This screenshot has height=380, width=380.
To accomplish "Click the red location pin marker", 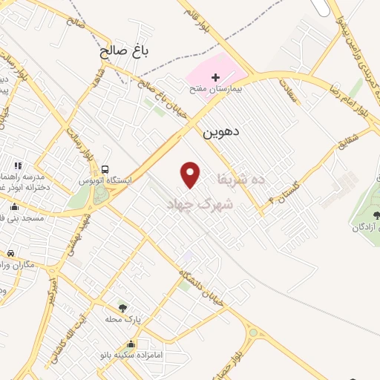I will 191,174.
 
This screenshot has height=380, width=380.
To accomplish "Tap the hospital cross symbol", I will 216,77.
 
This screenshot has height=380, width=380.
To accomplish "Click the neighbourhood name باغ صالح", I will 125,52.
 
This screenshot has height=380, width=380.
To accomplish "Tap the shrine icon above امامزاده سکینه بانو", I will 131,344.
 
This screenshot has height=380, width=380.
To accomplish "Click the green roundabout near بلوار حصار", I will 252,333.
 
